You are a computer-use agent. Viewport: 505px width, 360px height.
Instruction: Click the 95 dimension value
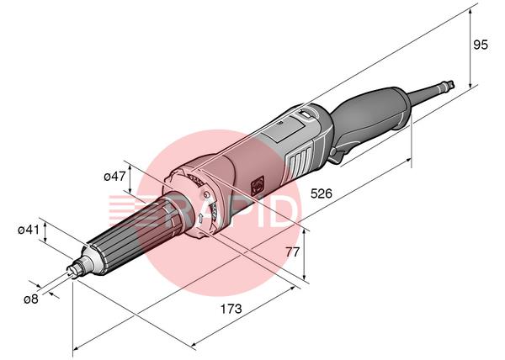click(481, 45)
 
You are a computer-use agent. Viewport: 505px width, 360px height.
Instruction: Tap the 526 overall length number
click(322, 193)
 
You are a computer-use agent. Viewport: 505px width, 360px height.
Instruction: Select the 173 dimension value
click(231, 310)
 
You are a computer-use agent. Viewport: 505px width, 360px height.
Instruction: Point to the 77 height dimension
click(293, 251)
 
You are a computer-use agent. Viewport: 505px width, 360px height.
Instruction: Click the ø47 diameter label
click(114, 177)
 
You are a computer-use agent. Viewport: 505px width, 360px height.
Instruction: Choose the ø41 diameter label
click(29, 230)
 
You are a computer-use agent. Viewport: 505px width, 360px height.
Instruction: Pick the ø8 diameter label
click(31, 299)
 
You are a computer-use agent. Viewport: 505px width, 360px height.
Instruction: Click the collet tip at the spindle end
click(73, 270)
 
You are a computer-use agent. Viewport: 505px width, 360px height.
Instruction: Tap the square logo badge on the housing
click(258, 186)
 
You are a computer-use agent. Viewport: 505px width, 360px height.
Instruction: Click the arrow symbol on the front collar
click(200, 219)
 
